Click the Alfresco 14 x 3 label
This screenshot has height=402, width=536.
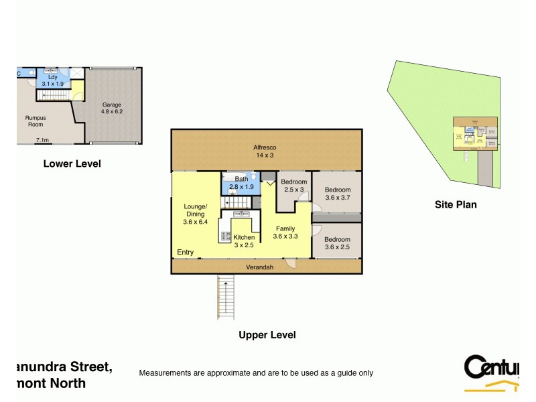point(265,150)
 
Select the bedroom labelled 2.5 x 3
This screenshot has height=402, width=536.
point(293,186)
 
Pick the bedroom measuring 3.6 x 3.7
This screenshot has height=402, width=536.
point(338,194)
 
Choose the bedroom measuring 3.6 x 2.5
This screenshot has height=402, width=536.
point(338,243)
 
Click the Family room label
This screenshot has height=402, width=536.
point(285,232)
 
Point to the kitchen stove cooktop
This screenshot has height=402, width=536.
point(226,236)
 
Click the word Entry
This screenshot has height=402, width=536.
point(186,253)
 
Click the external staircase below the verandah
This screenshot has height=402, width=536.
point(226,297)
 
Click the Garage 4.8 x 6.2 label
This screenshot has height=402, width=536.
point(112,109)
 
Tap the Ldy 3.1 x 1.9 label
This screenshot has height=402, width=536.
point(52,80)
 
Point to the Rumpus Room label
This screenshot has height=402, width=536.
point(35,121)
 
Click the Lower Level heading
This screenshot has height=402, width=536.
point(72,163)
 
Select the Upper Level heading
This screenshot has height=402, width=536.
point(267,335)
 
